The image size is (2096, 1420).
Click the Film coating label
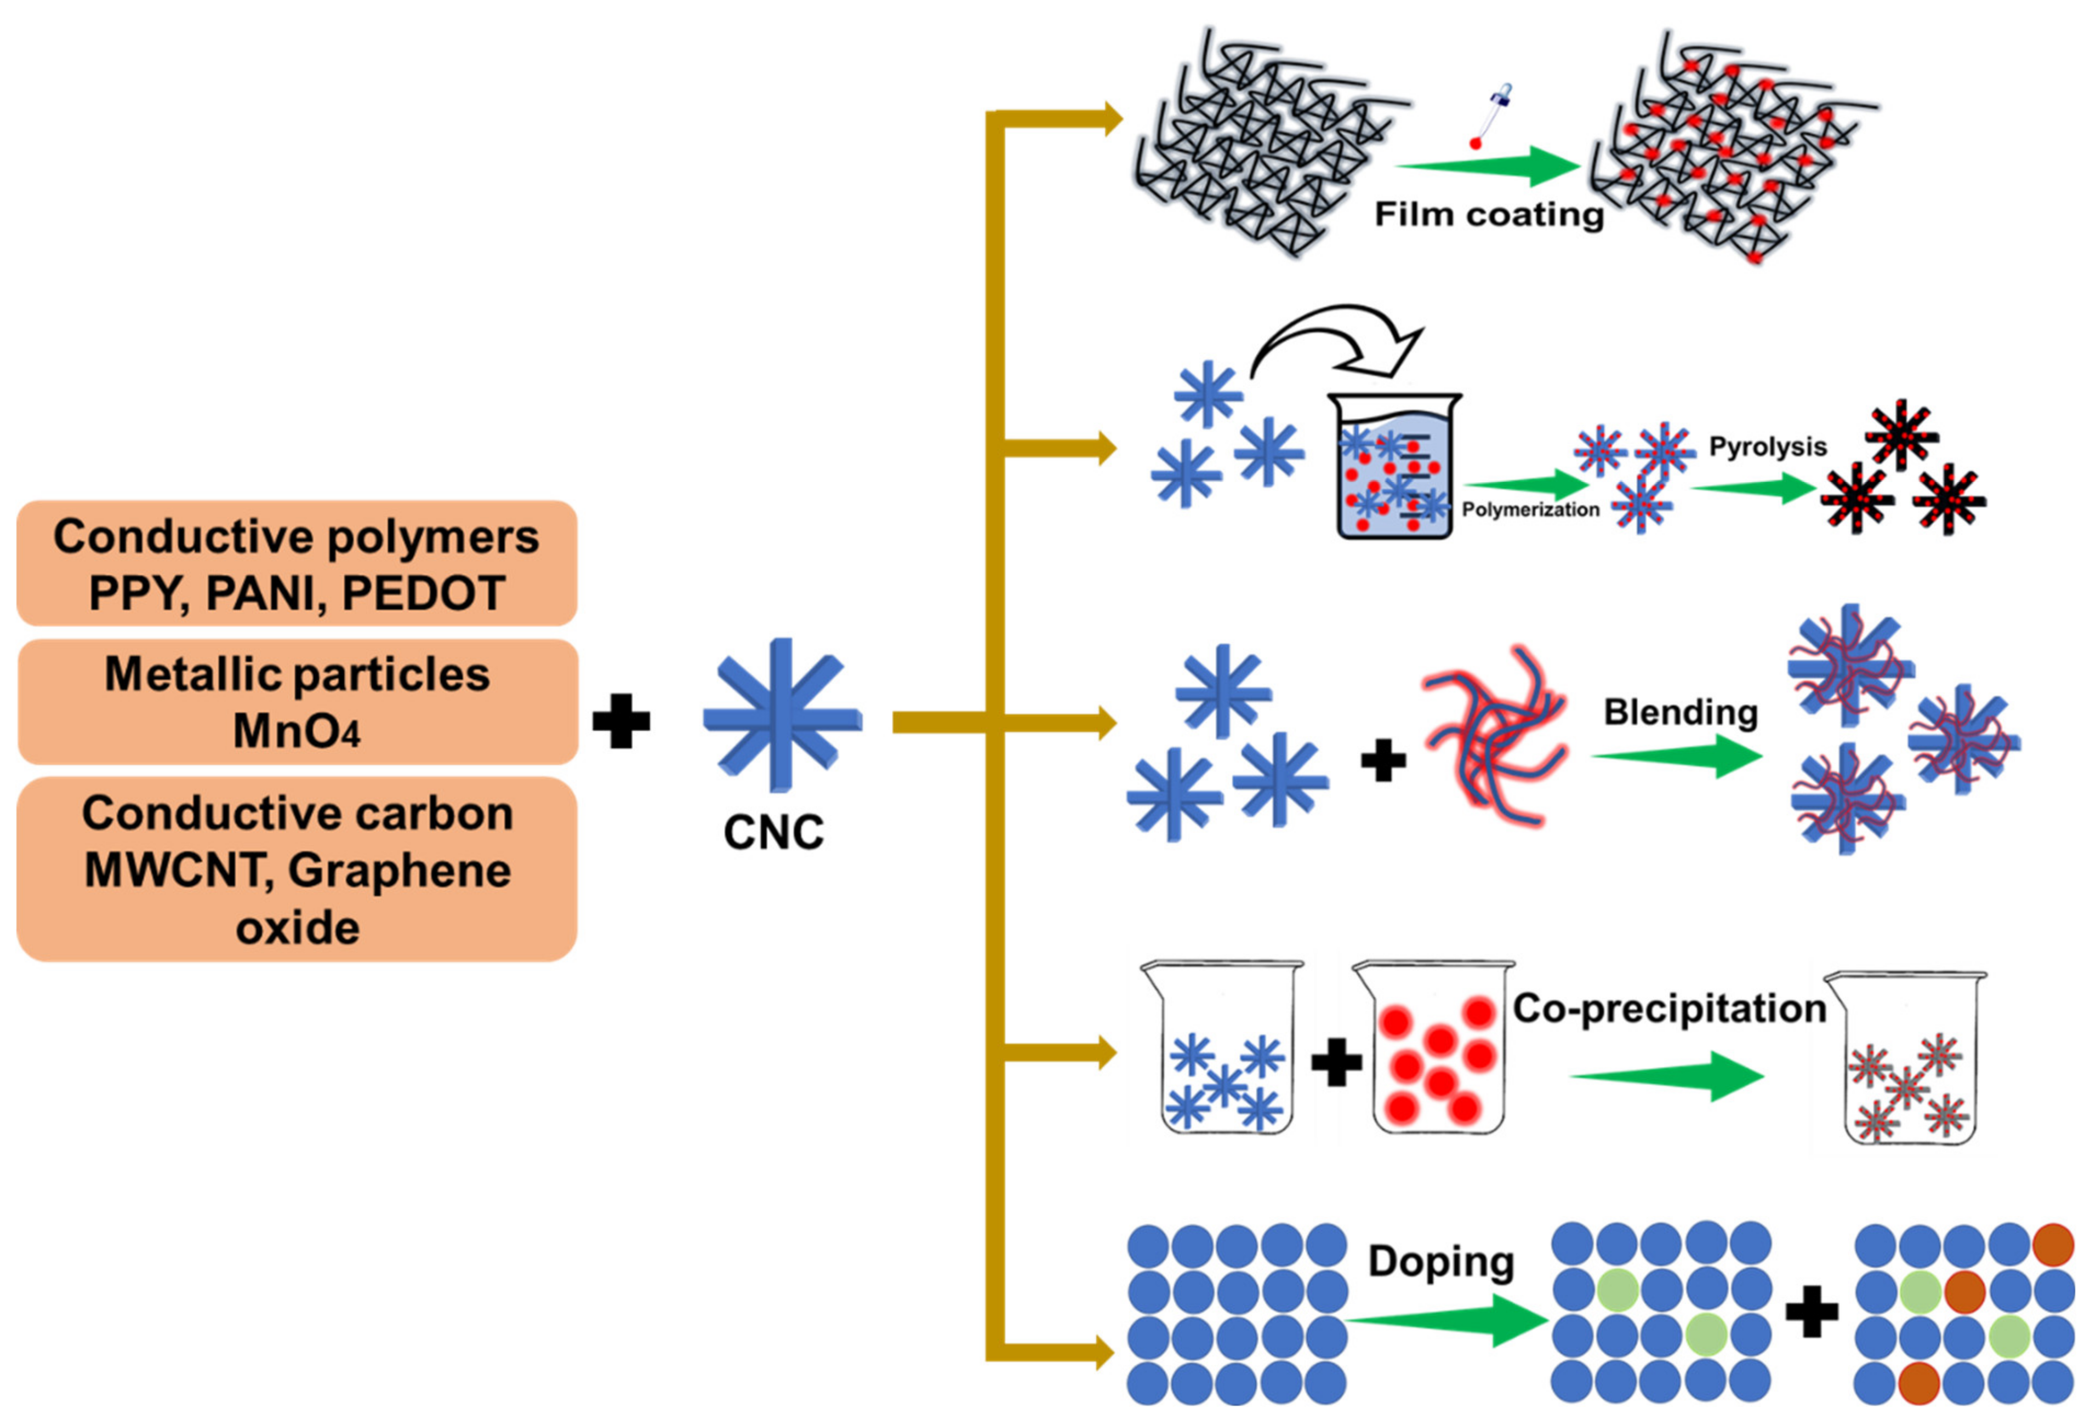(1488, 215)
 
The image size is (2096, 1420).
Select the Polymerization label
(1530, 509)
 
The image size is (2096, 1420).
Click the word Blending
(1680, 712)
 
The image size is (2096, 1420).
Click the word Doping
(1440, 1261)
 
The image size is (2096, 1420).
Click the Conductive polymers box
(297, 564)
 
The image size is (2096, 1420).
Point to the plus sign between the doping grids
(1811, 1312)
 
